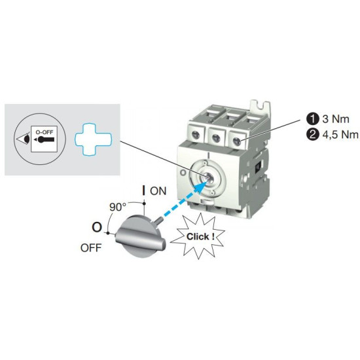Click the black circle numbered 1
pyautogui.click(x=312, y=118)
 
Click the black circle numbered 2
pyautogui.click(x=312, y=134)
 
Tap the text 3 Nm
pyautogui.click(x=336, y=119)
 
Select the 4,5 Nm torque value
pyautogui.click(x=340, y=135)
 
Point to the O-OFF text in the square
pyautogui.click(x=45, y=132)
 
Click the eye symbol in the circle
pyautogui.click(x=23, y=139)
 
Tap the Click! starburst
pyautogui.click(x=198, y=236)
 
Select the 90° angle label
pyautogui.click(x=118, y=207)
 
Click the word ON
pyautogui.click(x=158, y=191)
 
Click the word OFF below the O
pyautogui.click(x=91, y=248)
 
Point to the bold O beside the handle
pyautogui.click(x=97, y=227)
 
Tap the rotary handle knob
pyautogui.click(x=140, y=237)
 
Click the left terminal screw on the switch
pyautogui.click(x=196, y=135)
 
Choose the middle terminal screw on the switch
pyautogui.click(x=216, y=138)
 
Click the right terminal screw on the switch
pyautogui.click(x=237, y=141)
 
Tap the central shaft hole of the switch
pyautogui.click(x=209, y=176)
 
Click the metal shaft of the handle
pyautogui.click(x=158, y=220)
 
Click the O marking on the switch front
pyautogui.click(x=183, y=172)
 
